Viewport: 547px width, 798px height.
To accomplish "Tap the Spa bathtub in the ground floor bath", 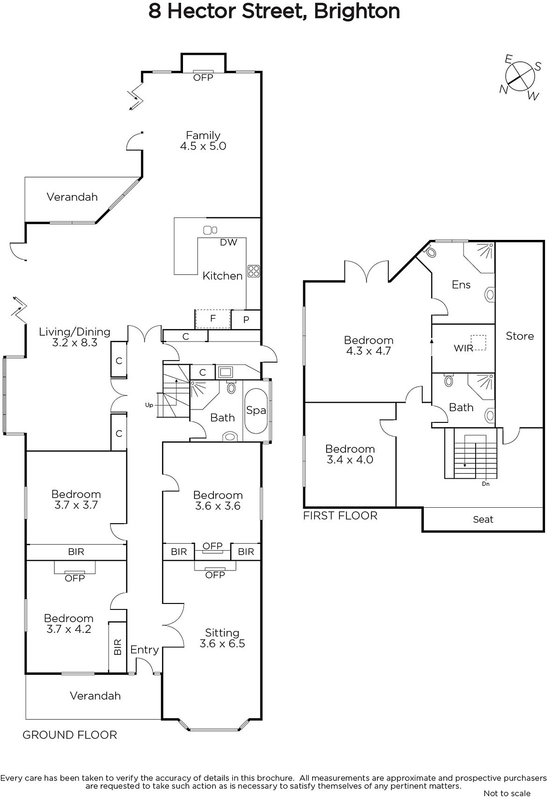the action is click(256, 411).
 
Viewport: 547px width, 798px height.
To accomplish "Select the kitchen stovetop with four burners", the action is click(254, 271).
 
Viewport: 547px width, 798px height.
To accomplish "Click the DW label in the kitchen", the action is click(228, 242).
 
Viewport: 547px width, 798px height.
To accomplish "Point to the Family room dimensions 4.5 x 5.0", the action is click(203, 146).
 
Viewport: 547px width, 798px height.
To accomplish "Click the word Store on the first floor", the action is click(520, 336).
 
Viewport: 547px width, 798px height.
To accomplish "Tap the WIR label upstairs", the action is click(463, 348).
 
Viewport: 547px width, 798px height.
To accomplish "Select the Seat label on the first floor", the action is click(483, 519).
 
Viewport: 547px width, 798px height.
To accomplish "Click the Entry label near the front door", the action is click(144, 650).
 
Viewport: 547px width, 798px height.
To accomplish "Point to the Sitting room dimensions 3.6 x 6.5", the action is click(222, 643).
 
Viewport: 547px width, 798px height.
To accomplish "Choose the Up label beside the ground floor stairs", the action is click(149, 405).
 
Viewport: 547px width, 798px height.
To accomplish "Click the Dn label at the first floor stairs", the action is click(486, 484).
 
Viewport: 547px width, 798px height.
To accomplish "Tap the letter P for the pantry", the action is click(246, 320).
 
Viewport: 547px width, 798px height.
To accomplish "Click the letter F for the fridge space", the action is click(212, 318).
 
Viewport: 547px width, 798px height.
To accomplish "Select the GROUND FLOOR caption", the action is click(70, 735).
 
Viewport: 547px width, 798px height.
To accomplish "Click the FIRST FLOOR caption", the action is click(340, 516).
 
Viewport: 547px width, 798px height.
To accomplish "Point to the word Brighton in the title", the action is click(357, 12).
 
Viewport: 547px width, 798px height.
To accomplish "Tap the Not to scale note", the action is click(507, 794).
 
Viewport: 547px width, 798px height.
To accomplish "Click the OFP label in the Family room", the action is click(203, 78).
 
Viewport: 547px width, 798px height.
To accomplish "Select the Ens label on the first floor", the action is click(461, 285).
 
